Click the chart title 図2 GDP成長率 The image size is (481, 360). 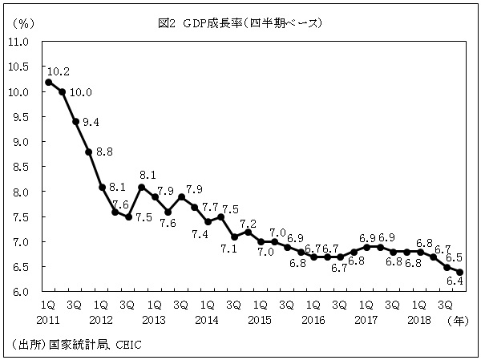[x=240, y=23]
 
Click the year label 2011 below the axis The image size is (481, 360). [x=48, y=319]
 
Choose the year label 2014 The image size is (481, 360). [x=207, y=319]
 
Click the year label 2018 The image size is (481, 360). [x=418, y=319]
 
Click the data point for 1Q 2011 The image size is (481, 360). [x=49, y=82]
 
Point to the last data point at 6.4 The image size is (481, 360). [x=459, y=272]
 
